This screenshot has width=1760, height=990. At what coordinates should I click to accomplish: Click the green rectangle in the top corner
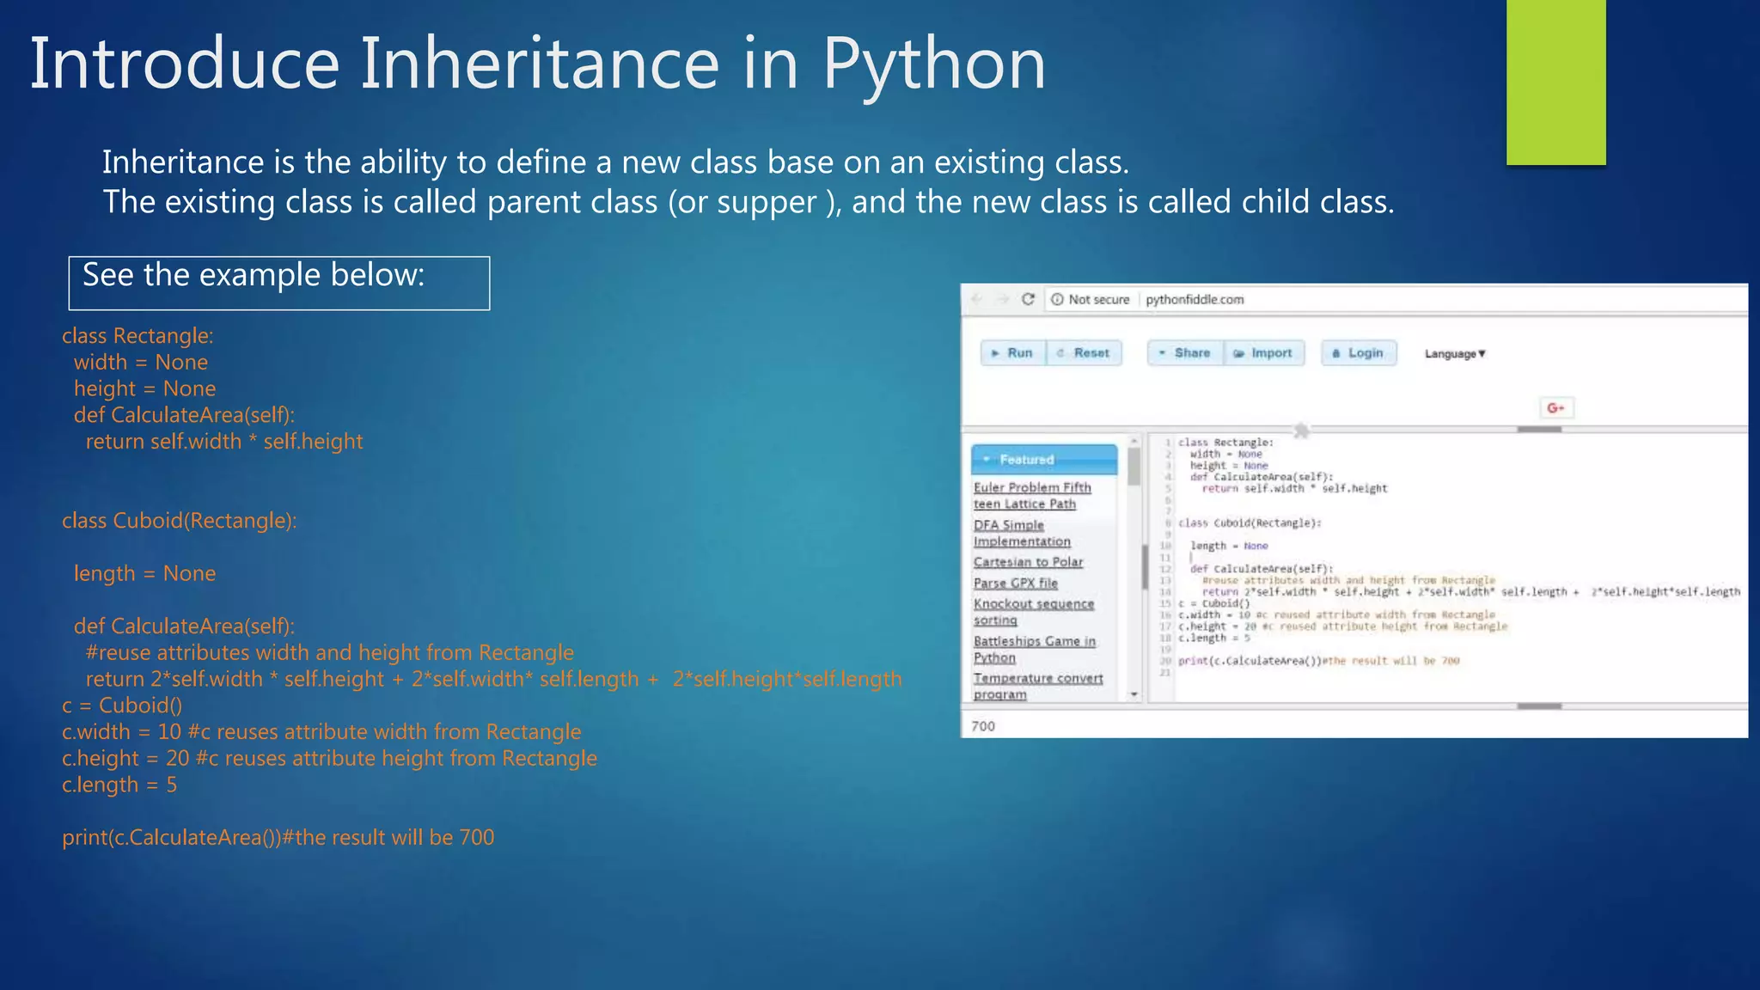[x=1555, y=82]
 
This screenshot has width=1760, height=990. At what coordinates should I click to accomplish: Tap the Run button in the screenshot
[x=1013, y=353]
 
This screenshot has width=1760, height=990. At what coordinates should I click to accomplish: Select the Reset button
[x=1085, y=353]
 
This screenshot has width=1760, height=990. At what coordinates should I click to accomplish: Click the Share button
[x=1185, y=353]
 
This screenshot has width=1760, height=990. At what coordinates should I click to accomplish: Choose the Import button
[x=1264, y=353]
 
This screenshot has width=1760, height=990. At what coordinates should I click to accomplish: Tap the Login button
[x=1359, y=353]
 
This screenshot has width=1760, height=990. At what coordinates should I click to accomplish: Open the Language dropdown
[x=1455, y=354]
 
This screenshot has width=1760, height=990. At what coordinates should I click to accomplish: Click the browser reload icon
[x=1028, y=299]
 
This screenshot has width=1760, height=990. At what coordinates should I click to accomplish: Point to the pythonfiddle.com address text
[x=1195, y=300]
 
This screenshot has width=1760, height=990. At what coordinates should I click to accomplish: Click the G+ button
[x=1555, y=408]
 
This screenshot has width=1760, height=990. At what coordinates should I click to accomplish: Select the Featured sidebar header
[x=1044, y=460]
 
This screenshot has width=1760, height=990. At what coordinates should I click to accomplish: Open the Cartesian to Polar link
[x=1028, y=562]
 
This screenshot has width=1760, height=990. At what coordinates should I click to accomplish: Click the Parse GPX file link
[x=1015, y=584]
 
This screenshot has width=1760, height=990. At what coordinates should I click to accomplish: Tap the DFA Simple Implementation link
[x=1021, y=534]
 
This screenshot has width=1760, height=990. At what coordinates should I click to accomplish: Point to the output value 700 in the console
[x=983, y=726]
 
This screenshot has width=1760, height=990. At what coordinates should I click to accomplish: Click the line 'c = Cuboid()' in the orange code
[x=122, y=706]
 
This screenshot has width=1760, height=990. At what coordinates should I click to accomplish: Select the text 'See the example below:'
[x=254, y=275]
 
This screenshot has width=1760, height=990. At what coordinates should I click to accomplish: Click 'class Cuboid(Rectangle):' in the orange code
[x=179, y=521]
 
